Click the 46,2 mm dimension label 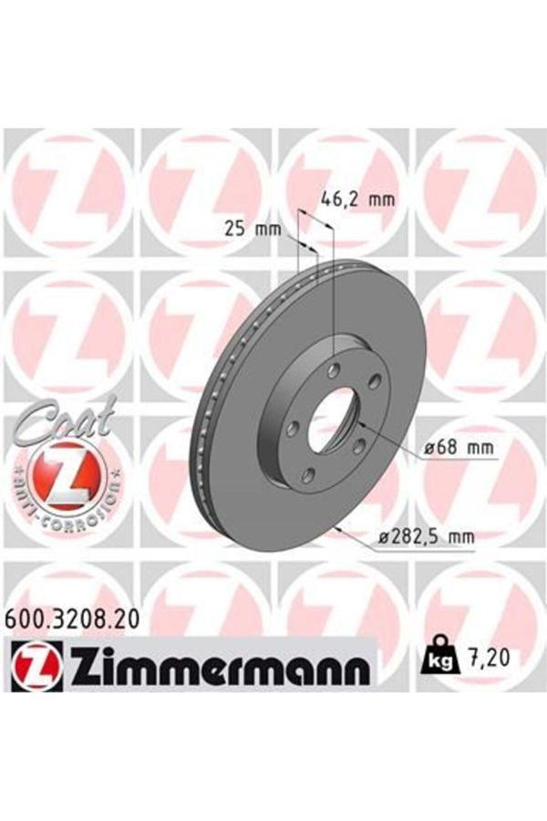(357, 199)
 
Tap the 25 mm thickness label (253, 229)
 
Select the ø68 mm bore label (459, 448)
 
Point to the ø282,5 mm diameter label (426, 536)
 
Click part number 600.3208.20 (72, 620)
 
